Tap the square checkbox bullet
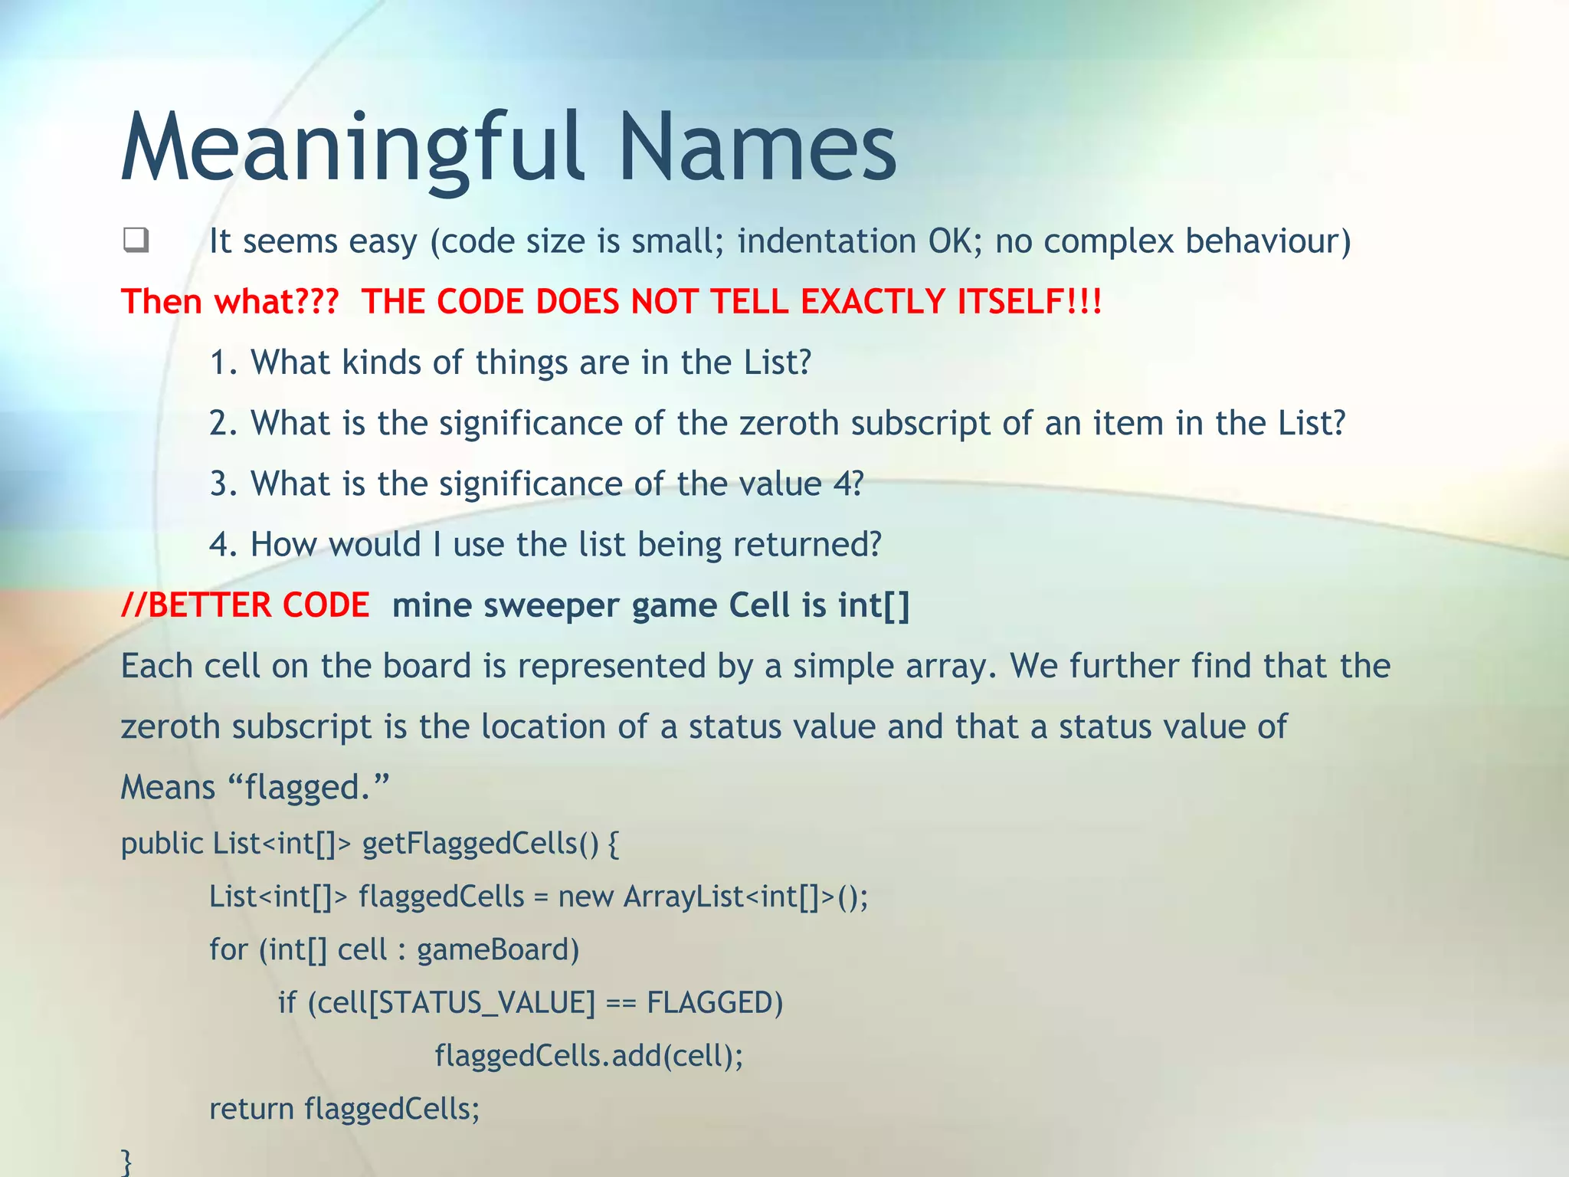pyautogui.click(x=136, y=241)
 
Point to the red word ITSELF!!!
pyautogui.click(x=1029, y=301)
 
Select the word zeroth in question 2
pyautogui.click(x=789, y=423)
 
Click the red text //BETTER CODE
pyautogui.click(x=246, y=605)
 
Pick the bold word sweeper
pyautogui.click(x=552, y=605)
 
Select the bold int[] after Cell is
pyautogui.click(x=873, y=605)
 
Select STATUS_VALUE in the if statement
pyautogui.click(x=487, y=1003)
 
